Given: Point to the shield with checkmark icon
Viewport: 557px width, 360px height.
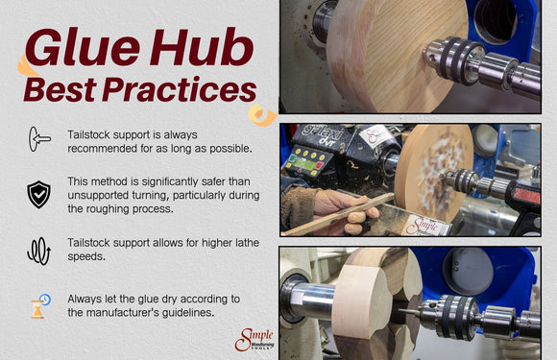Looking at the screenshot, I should (x=38, y=194).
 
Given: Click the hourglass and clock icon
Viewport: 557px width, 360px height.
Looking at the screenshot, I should (x=38, y=306).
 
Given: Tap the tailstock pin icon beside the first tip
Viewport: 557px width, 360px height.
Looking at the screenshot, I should (x=38, y=139).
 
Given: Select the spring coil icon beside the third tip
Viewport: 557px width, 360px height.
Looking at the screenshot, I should (x=38, y=252).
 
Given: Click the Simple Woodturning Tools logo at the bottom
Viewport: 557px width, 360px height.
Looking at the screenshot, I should (x=254, y=339).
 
